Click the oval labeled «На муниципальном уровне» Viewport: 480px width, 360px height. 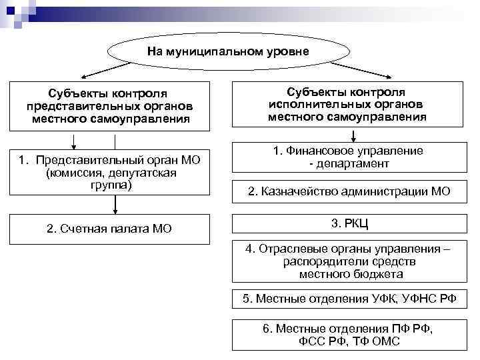(x=228, y=51)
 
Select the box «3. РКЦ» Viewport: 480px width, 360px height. (x=347, y=223)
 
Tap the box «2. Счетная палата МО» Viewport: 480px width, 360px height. (x=109, y=229)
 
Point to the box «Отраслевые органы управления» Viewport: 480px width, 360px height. (x=347, y=261)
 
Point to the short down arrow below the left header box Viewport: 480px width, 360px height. (x=73, y=140)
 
